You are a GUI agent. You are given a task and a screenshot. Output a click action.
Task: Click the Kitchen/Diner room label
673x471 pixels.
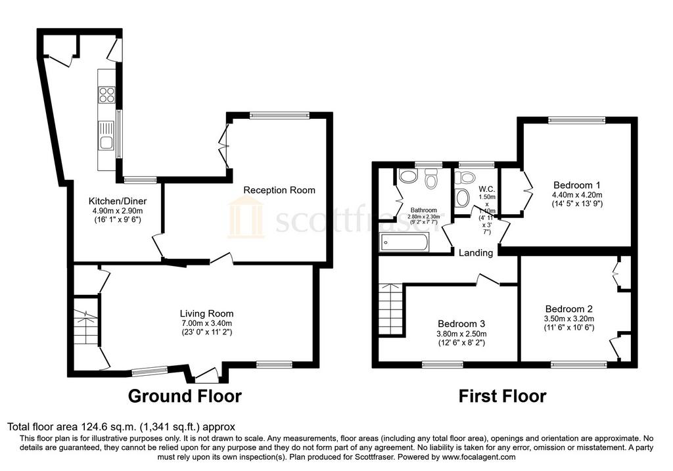118,201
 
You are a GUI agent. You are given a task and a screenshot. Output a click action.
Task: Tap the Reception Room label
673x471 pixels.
279,190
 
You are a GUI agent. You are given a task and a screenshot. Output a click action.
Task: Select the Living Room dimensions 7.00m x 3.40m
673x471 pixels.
206,323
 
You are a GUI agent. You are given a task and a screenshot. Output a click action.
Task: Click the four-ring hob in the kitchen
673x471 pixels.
107,95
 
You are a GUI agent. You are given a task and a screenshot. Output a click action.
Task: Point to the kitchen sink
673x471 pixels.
106,135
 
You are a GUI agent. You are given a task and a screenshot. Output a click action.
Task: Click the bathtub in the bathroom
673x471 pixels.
404,243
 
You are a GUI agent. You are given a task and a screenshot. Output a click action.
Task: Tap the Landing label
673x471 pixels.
476,253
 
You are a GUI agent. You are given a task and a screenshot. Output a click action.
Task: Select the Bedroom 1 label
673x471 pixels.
576,185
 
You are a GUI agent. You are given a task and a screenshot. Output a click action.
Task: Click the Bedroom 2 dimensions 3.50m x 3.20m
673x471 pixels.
569,319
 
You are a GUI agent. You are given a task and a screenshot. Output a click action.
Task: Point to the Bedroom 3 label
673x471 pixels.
461,324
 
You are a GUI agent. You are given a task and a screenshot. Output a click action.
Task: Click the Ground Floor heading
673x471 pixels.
185,395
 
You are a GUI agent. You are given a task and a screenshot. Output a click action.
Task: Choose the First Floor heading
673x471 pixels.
502,395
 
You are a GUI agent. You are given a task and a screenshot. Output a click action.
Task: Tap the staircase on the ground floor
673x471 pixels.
86,326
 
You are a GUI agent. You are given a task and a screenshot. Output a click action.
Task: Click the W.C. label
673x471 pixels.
487,189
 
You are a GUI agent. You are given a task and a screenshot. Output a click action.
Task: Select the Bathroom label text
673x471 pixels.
424,210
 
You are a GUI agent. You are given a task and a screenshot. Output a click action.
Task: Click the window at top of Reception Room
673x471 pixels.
279,114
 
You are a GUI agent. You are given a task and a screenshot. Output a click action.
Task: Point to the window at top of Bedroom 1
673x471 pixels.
576,120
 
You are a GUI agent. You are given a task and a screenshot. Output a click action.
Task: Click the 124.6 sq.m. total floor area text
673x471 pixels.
108,427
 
